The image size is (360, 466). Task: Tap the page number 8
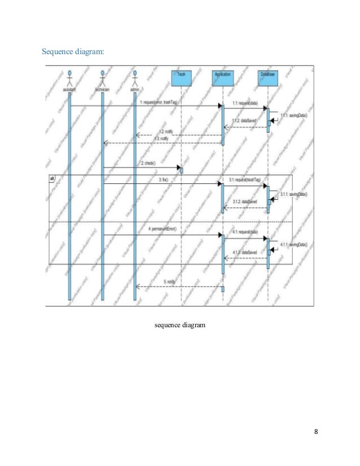click(x=316, y=432)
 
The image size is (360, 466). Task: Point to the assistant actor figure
click(x=69, y=79)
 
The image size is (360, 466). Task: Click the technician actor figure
click(x=103, y=79)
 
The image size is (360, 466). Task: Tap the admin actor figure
click(x=135, y=79)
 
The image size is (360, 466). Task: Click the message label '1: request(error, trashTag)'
click(x=159, y=102)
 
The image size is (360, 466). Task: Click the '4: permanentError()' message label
click(x=163, y=230)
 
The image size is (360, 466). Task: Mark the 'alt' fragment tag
click(x=51, y=179)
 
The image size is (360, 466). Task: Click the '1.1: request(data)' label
click(x=245, y=103)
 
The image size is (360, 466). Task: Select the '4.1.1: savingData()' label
click(x=293, y=245)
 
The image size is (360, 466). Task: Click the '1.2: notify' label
click(x=165, y=131)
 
